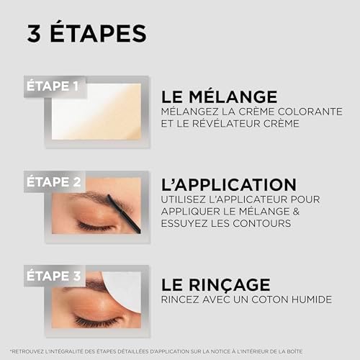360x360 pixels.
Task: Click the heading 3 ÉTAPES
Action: tap(87, 33)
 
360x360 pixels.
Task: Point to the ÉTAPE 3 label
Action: tap(54, 276)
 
